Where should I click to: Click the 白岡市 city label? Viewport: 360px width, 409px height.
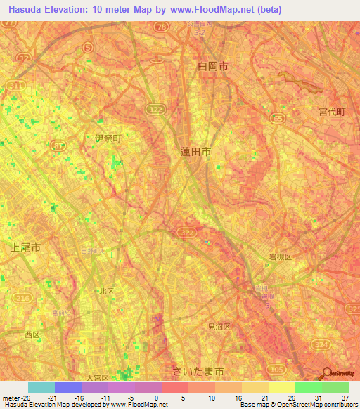click(213, 65)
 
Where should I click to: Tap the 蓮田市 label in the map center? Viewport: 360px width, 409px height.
click(195, 151)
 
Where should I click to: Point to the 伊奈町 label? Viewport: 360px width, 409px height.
click(108, 138)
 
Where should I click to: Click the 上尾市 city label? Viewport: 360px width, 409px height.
click(26, 247)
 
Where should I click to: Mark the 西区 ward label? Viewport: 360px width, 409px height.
click(32, 335)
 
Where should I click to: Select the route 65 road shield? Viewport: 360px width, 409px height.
click(278, 119)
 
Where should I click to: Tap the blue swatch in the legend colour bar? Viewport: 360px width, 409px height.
click(67, 387)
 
